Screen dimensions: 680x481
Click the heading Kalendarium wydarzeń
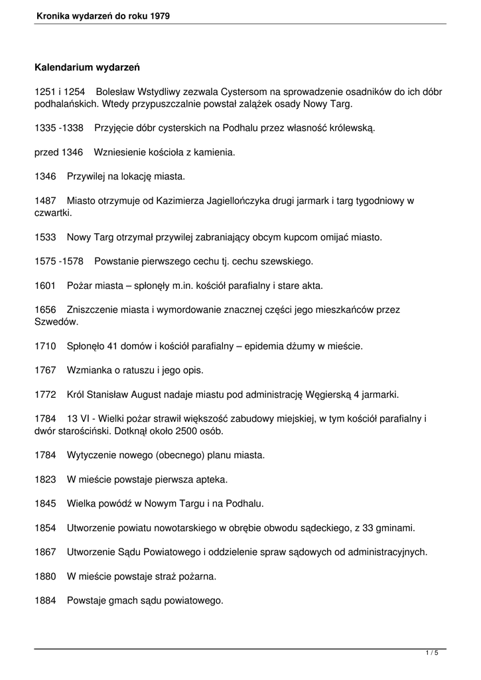[x=87, y=68]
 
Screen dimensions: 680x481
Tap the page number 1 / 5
[x=432, y=654]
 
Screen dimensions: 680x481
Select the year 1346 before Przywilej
[x=45, y=177]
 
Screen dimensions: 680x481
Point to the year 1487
[x=45, y=201]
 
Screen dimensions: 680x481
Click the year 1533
[x=45, y=237]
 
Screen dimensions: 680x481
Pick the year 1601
[x=45, y=286]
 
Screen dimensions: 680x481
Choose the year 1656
[x=45, y=309]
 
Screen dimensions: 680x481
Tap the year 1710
[x=45, y=346]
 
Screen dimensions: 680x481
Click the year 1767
[x=45, y=370]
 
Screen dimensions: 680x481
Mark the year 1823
[x=45, y=479]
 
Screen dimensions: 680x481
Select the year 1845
[x=45, y=504]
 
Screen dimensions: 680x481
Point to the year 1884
[x=45, y=601]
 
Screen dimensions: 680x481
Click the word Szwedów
[x=56, y=322]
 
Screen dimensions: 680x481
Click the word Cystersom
[x=249, y=92]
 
